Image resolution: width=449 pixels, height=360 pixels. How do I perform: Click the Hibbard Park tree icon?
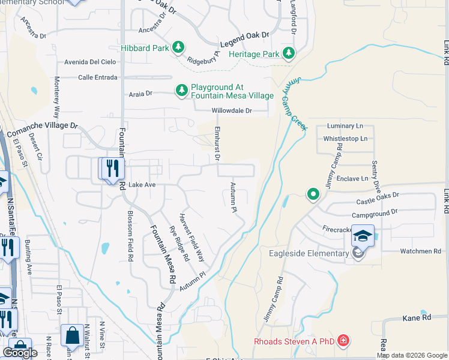tap(178, 47)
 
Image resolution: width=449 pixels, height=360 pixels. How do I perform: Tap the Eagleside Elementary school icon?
tap(363, 236)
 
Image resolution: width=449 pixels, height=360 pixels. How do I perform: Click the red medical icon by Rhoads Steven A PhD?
tap(343, 341)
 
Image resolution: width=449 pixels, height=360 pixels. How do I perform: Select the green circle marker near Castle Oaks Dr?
tap(313, 194)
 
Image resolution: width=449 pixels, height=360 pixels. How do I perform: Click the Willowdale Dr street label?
tap(231, 111)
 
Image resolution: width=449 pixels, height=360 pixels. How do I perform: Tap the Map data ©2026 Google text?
tap(411, 355)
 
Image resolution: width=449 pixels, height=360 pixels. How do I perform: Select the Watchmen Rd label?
tap(420, 251)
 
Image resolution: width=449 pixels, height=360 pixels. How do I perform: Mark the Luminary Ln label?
tap(345, 126)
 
